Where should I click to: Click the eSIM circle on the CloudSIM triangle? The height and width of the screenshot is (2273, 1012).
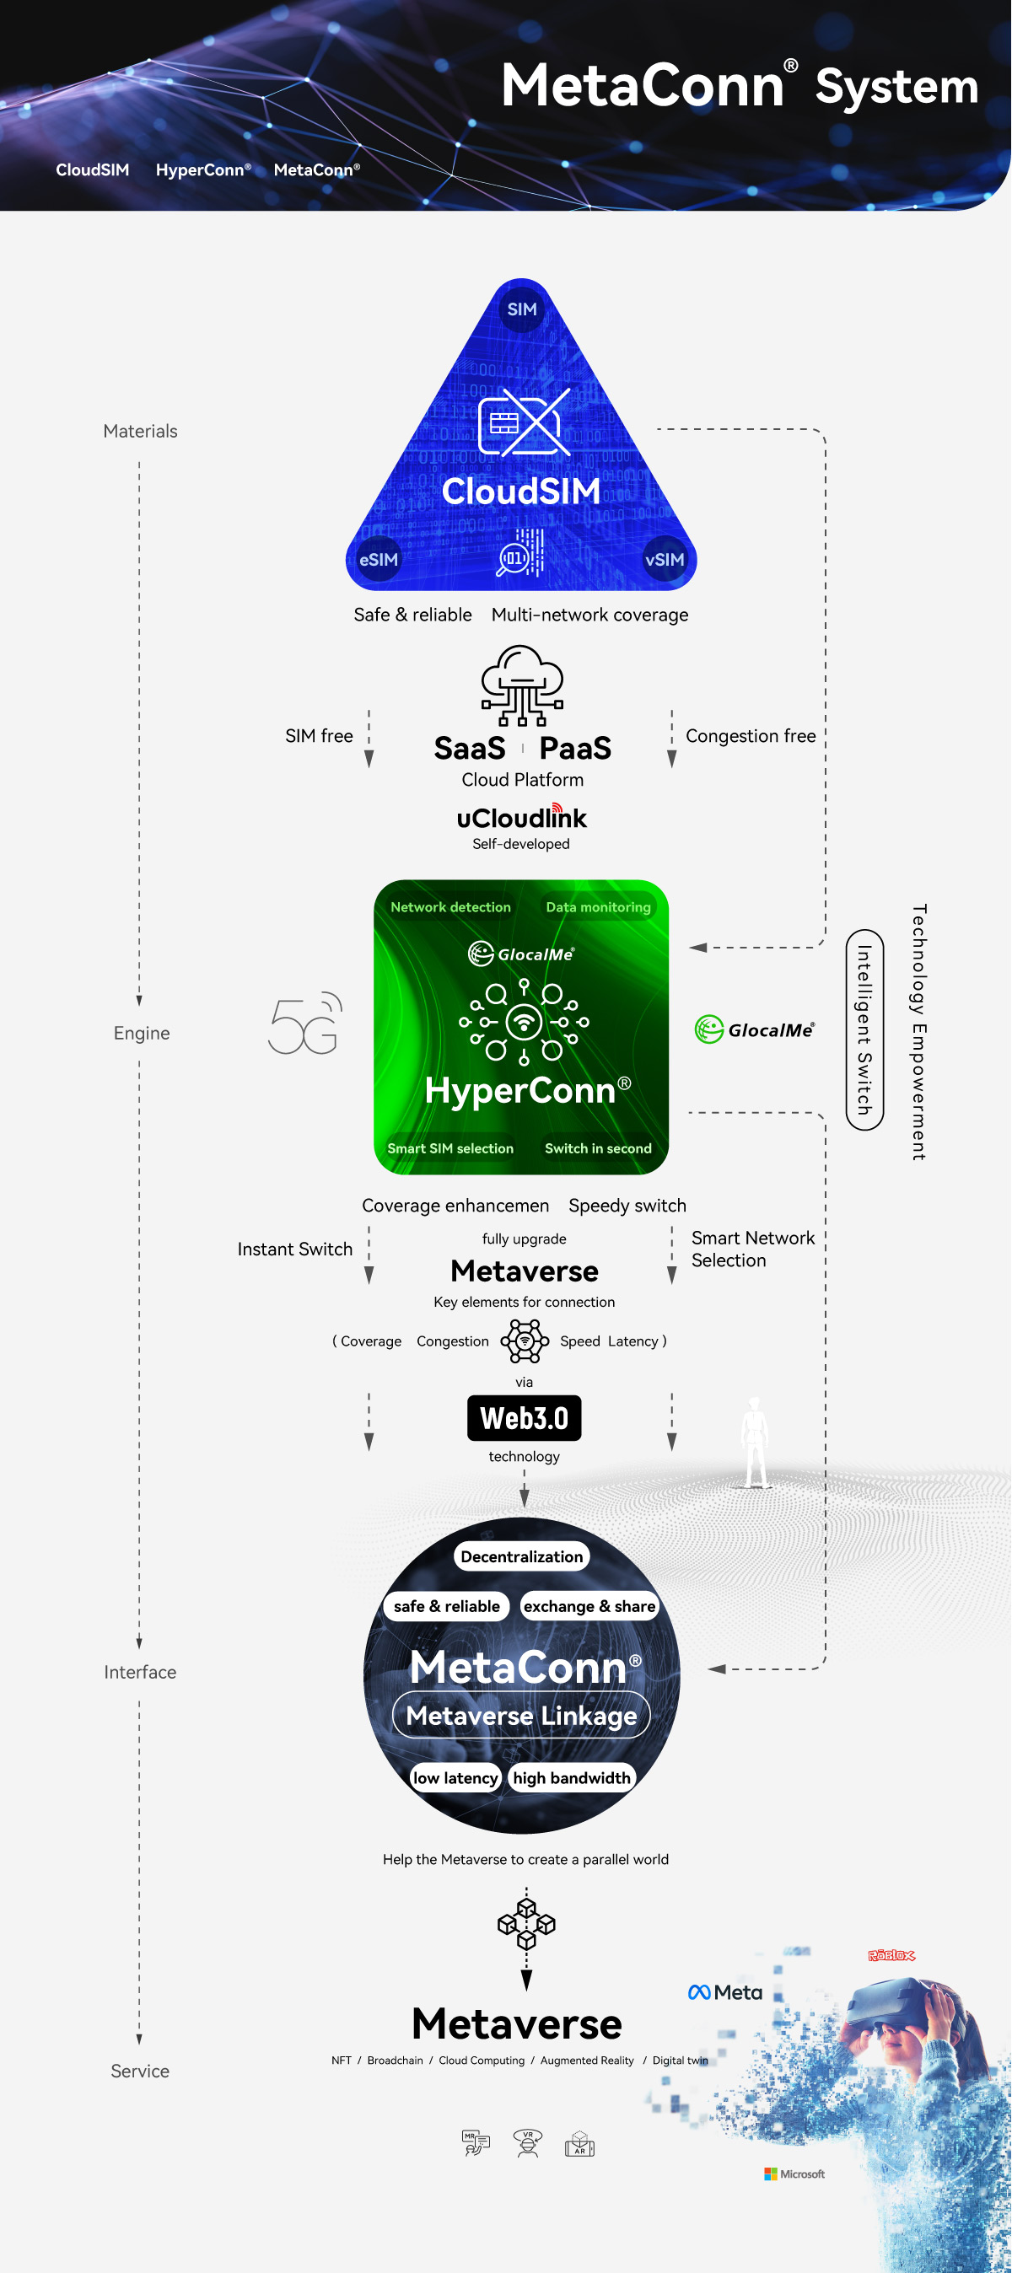[x=379, y=560]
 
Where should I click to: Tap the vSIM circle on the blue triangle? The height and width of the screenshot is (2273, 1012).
[x=665, y=560]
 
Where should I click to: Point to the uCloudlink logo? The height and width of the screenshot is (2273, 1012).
[x=521, y=817]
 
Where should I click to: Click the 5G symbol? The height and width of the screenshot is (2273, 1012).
[x=305, y=1024]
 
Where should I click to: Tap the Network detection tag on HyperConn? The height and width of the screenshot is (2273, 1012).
[x=451, y=907]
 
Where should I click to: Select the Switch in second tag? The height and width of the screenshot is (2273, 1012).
[x=598, y=1148]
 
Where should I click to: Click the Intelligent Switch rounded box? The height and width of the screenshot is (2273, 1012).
[x=864, y=1029]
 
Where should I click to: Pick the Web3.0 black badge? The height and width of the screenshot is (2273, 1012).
[x=524, y=1418]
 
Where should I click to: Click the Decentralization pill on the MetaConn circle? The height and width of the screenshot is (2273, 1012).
[x=521, y=1556]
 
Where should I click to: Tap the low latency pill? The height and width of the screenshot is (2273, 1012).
[x=455, y=1778]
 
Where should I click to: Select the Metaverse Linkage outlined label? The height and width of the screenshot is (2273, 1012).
[x=521, y=1716]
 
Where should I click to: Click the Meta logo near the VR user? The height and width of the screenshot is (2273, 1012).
[x=725, y=1992]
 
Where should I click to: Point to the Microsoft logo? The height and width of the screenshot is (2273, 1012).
[x=795, y=2174]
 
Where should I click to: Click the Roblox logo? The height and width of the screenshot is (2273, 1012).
[x=891, y=1955]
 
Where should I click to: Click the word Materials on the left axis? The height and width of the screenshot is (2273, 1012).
[x=140, y=432]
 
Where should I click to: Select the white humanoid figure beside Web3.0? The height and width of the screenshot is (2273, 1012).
[x=755, y=1442]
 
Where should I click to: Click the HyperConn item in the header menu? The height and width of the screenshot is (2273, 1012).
[x=203, y=169]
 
